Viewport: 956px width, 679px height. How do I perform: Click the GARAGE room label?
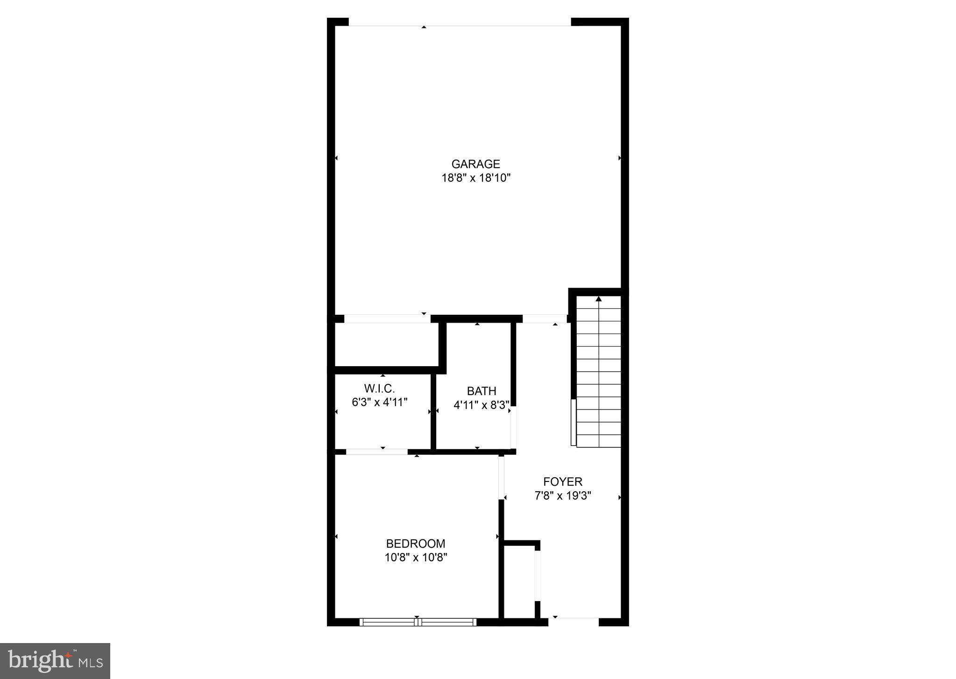tap(475, 164)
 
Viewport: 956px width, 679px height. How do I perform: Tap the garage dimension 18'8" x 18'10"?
tap(476, 178)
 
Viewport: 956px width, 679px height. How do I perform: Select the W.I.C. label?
tap(379, 388)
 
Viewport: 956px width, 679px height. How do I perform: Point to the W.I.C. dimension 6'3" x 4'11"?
tap(379, 402)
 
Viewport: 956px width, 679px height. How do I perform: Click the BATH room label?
tap(482, 391)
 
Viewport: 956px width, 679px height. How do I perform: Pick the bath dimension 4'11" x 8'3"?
tap(482, 405)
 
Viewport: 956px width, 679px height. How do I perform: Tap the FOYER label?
tap(563, 481)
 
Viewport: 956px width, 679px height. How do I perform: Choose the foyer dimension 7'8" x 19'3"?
tap(563, 495)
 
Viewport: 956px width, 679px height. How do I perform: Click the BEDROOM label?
tap(416, 544)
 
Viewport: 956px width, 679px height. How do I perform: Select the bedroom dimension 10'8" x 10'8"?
tap(416, 557)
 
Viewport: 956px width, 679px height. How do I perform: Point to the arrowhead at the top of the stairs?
tap(599, 299)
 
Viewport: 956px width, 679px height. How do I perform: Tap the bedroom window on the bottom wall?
tap(418, 622)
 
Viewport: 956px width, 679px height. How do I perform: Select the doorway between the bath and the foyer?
tap(513, 427)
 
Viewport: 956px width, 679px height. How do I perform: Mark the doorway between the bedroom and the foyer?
tap(502, 477)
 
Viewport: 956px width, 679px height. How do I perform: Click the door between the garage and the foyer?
tap(544, 319)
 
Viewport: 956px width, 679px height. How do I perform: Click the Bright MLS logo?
tap(55, 661)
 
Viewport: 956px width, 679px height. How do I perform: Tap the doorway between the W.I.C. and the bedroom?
tap(376, 452)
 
